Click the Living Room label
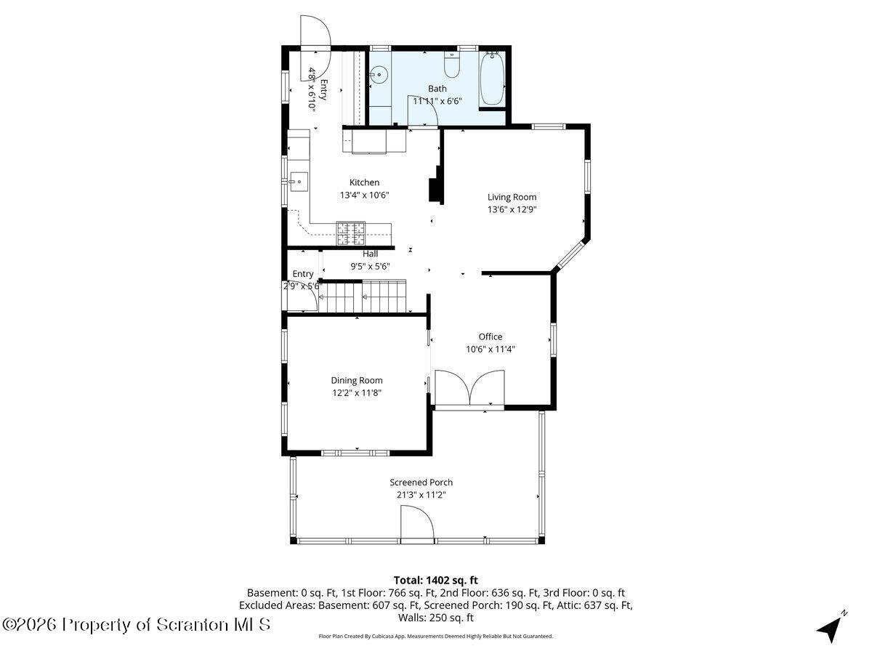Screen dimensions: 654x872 [512, 197]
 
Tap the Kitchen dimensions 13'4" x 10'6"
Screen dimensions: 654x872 [364, 195]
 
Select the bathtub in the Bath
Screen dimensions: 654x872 [492, 79]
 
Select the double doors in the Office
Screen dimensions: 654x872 [469, 388]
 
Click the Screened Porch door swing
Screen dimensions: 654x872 [416, 525]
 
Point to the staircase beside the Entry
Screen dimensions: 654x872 [363, 296]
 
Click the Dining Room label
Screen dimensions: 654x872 [356, 380]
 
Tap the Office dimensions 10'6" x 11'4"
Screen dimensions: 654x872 [490, 349]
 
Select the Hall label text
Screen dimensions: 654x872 [370, 254]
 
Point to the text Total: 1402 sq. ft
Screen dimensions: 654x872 [435, 580]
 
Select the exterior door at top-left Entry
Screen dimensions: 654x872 [316, 33]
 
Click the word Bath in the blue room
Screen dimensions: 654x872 [437, 89]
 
